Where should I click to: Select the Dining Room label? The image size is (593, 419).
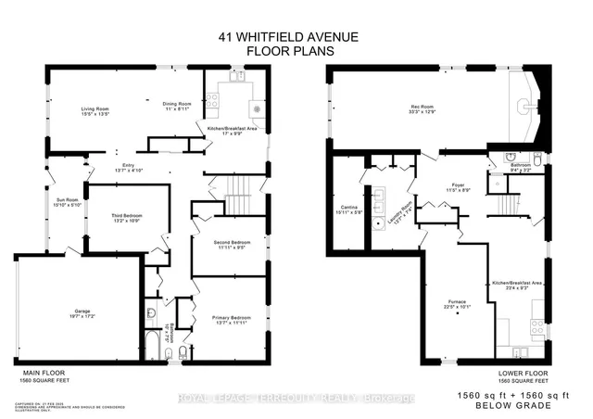(178, 106)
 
